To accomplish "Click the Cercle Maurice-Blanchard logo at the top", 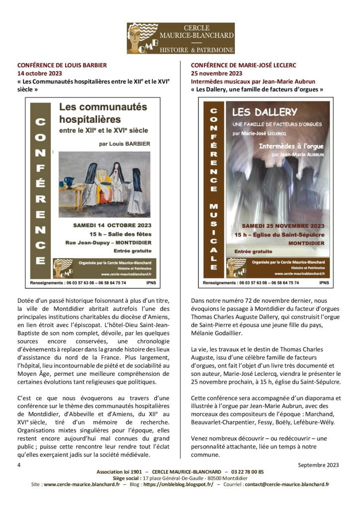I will click(180, 38).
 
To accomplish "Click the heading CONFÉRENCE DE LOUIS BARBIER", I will click(62, 65).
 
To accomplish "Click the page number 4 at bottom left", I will click(19, 465).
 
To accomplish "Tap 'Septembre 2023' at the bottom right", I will click(318, 465).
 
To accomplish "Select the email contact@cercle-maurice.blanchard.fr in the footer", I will click(286, 484).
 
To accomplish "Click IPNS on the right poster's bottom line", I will click(324, 282).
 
